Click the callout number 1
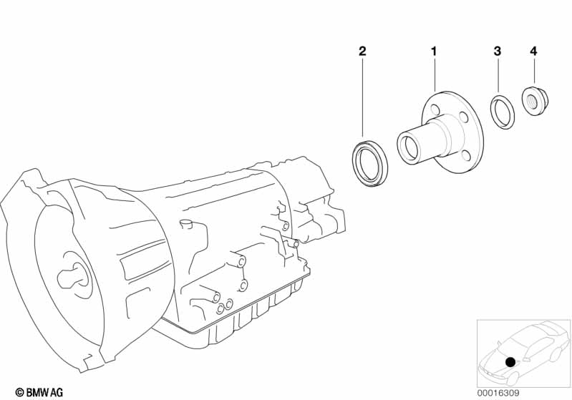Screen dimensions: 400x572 pos(433,51)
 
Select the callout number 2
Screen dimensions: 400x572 pos(362,51)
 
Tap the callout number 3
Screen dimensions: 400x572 pos(497,51)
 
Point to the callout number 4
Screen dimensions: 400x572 pos(533,51)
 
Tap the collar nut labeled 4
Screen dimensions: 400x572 pos(533,100)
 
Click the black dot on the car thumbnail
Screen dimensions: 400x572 pos(510,362)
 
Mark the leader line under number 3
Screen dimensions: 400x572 pos(498,75)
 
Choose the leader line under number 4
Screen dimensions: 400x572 pos(533,72)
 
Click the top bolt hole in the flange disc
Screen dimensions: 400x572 pos(434,108)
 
